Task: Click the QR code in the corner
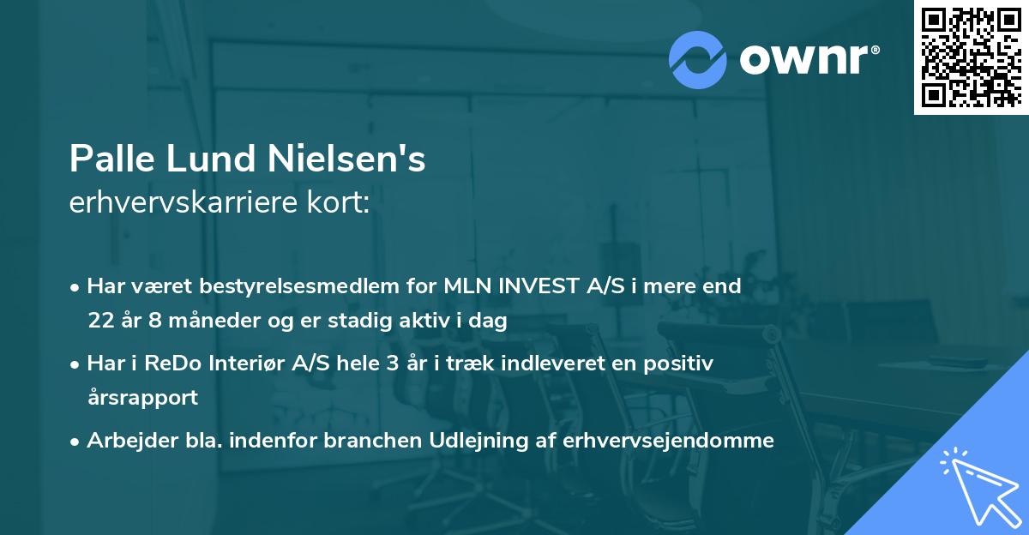[971, 57]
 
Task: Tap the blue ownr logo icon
[698, 59]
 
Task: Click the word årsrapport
[142, 398]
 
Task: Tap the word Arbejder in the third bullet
[125, 441]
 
